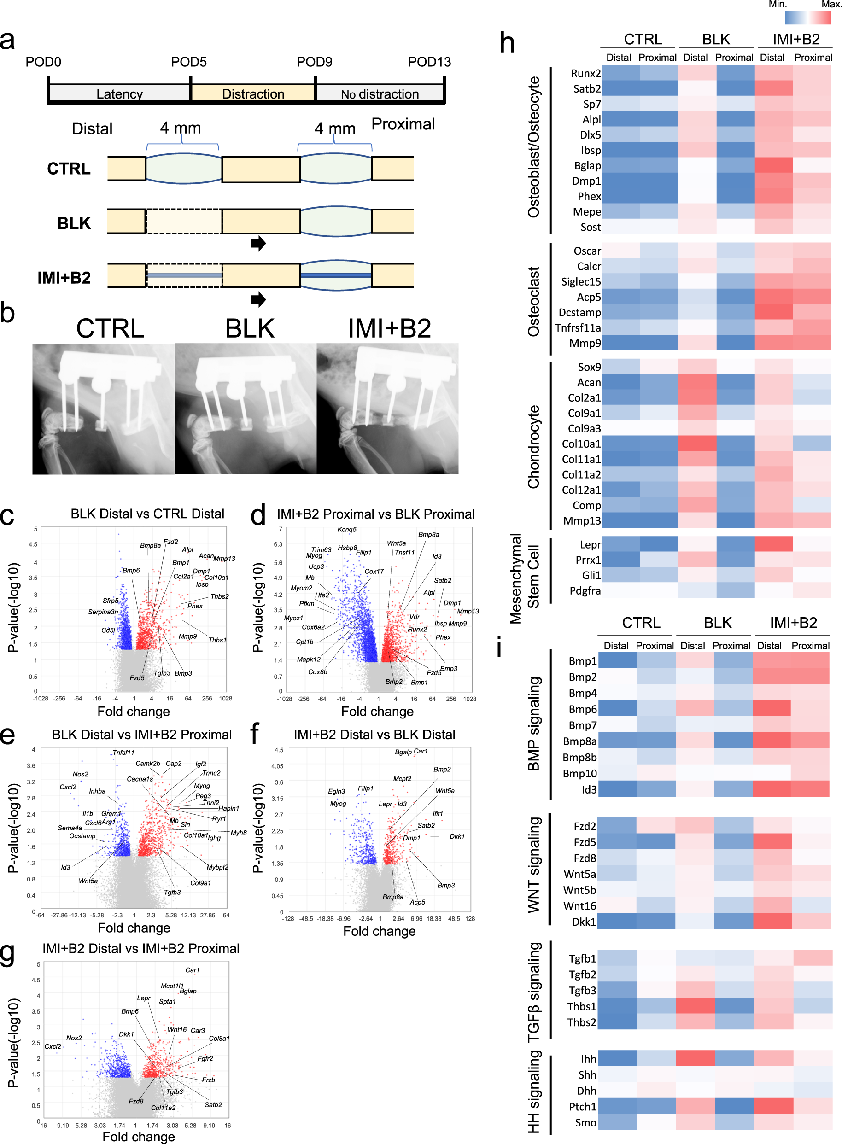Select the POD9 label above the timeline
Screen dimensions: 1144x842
click(x=314, y=62)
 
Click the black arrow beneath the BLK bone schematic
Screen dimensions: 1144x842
click(x=258, y=243)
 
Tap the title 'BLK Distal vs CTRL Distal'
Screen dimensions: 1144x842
click(x=147, y=514)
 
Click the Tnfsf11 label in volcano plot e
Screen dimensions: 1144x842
click(x=123, y=752)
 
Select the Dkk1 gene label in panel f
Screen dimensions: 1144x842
click(x=456, y=836)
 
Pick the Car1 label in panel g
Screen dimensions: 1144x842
click(x=192, y=970)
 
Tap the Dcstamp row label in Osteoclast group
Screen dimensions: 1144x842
click(x=579, y=312)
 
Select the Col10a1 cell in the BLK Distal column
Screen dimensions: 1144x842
click(x=696, y=444)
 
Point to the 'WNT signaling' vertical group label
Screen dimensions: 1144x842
click(x=534, y=865)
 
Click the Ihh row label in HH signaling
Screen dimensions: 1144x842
click(x=588, y=1059)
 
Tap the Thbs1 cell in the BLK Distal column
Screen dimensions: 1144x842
click(x=695, y=1006)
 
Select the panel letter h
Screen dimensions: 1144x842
click(x=507, y=42)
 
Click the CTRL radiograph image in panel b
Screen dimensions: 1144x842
click(x=104, y=409)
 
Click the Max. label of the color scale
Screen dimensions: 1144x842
click(x=830, y=5)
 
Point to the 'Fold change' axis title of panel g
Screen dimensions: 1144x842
click(x=139, y=1136)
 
